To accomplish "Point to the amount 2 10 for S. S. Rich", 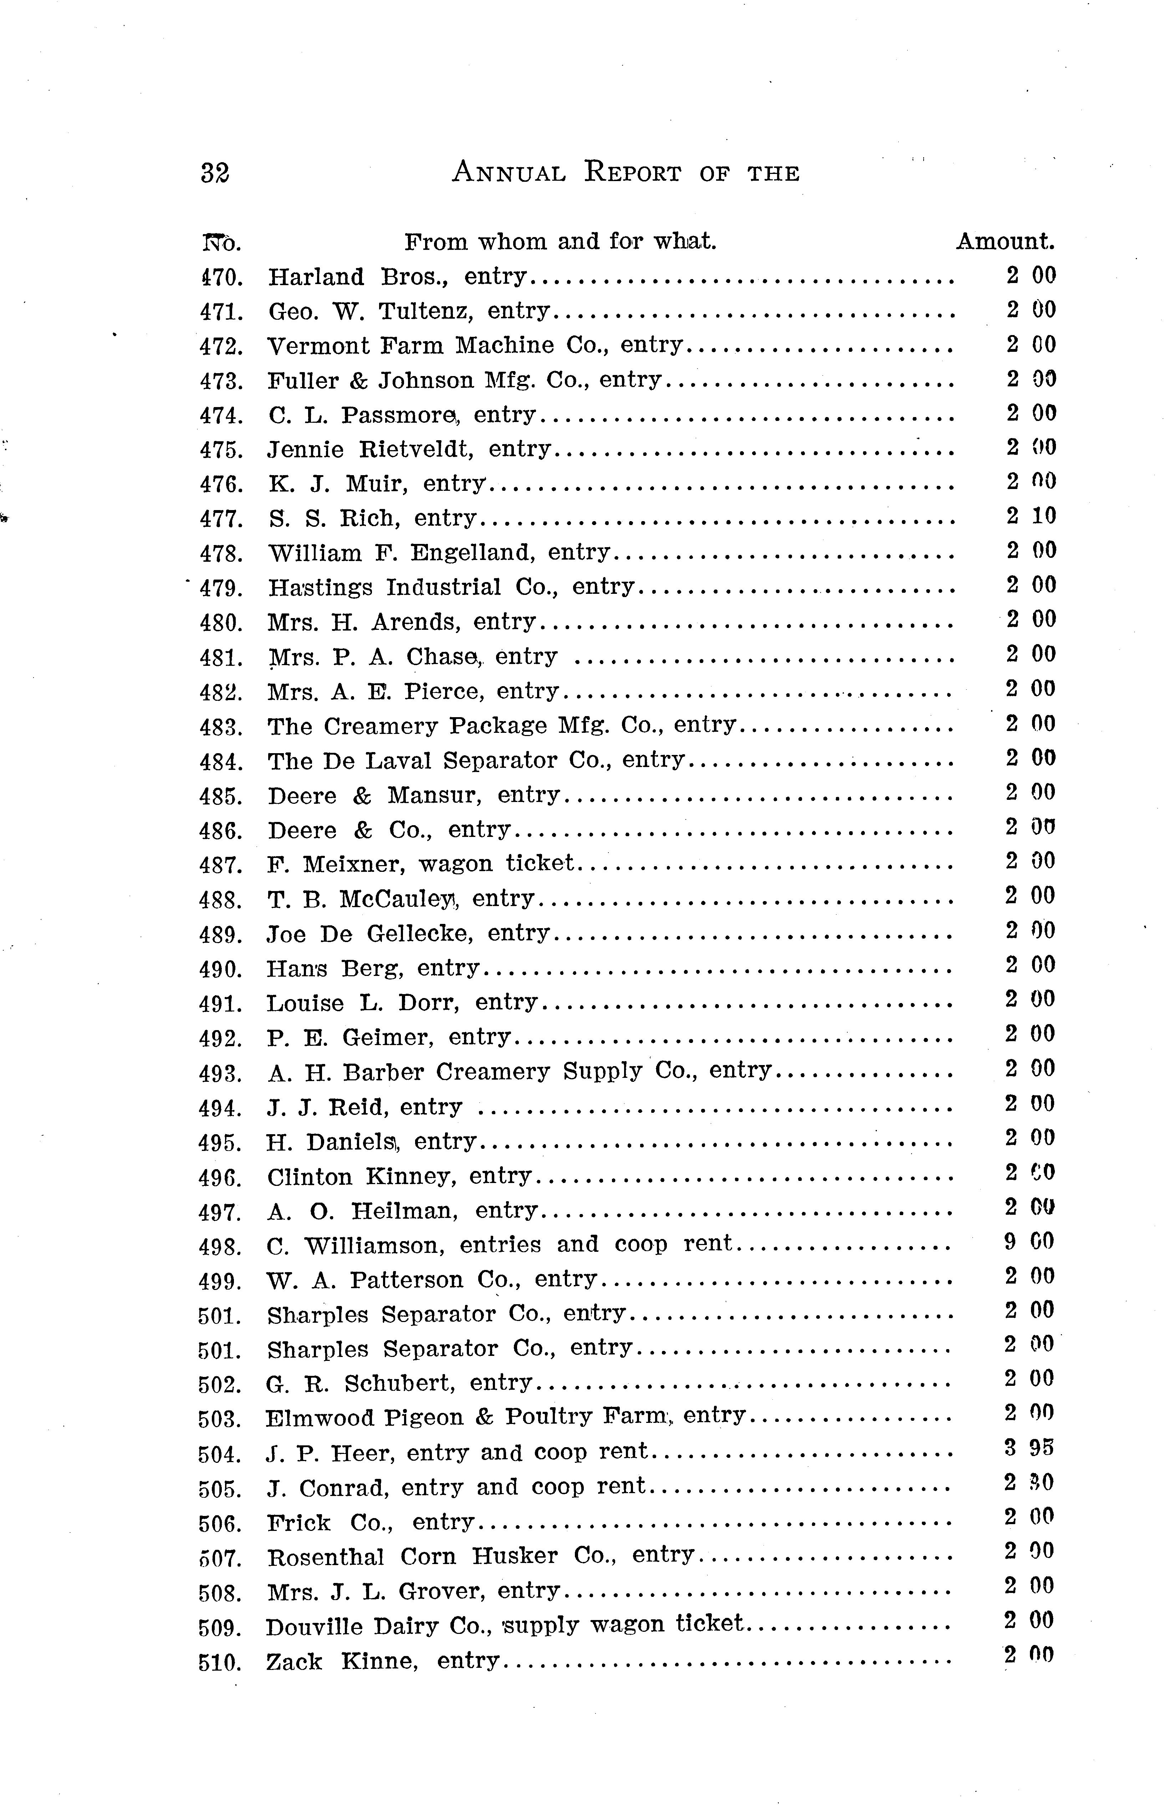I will [1031, 516].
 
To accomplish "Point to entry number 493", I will [220, 1074].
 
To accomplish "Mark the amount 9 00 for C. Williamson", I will [1030, 1242].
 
